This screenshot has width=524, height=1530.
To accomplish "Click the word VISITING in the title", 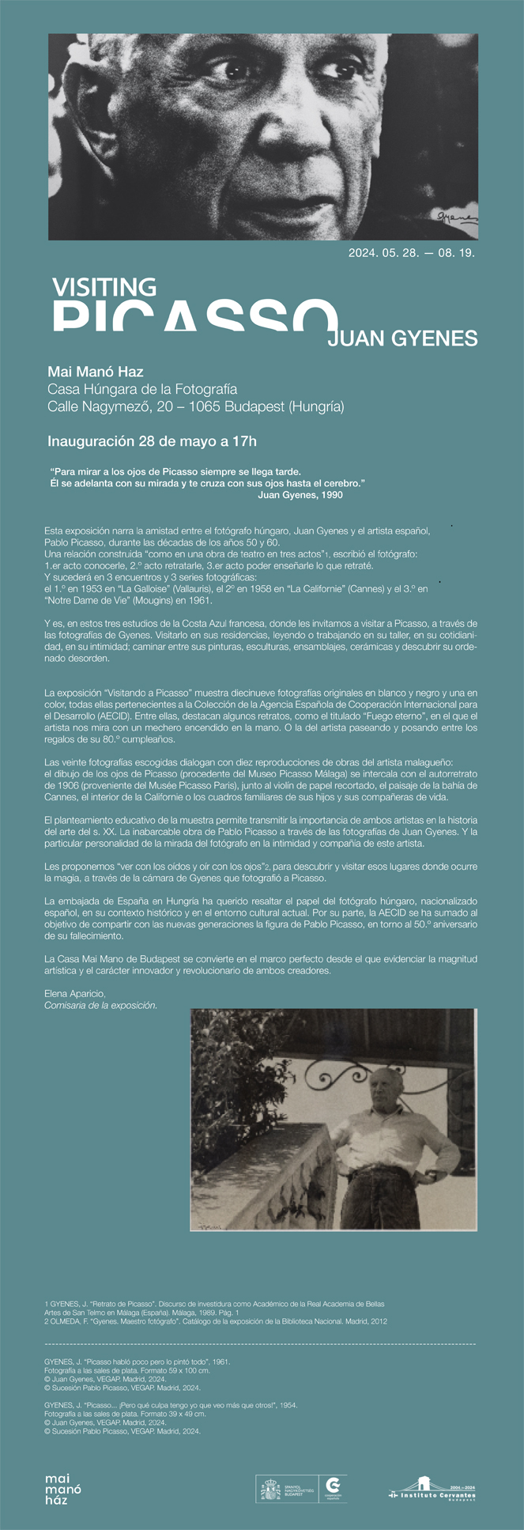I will click(x=104, y=287).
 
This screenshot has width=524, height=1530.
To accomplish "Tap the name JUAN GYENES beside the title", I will click(x=402, y=339).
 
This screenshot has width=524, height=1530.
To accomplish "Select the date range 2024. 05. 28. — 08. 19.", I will click(x=411, y=254).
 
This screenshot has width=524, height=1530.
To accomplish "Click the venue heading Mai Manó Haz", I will click(x=96, y=372).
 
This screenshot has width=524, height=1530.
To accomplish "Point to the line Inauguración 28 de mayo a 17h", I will click(x=152, y=441).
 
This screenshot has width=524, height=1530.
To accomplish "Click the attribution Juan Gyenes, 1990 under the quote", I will click(x=300, y=495).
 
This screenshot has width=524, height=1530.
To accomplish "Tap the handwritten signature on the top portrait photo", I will click(x=456, y=215).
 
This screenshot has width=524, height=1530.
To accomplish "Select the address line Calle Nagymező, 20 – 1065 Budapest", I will click(x=195, y=407).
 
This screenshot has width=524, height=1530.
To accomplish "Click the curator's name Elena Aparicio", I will click(x=75, y=994).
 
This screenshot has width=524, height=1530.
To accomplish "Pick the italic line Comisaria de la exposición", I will click(x=100, y=1006).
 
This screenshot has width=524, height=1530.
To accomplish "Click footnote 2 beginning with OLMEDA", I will click(x=216, y=1321).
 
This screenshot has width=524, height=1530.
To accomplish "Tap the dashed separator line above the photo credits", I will click(x=261, y=1344).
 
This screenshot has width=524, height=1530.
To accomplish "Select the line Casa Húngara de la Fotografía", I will click(x=142, y=389).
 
